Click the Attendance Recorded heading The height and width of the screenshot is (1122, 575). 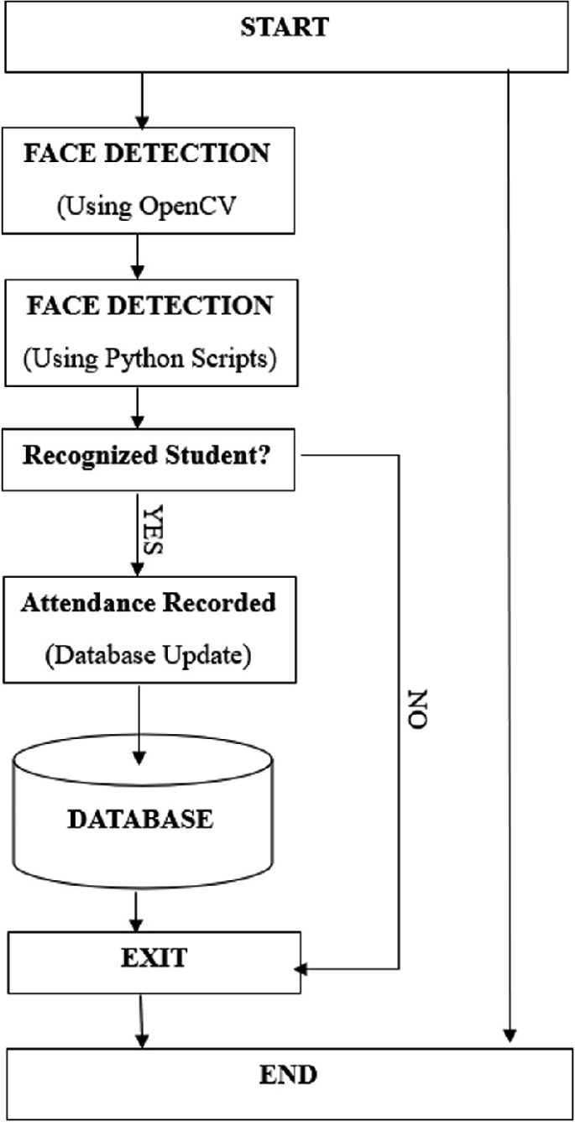(x=149, y=604)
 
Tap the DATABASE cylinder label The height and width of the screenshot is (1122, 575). (x=140, y=818)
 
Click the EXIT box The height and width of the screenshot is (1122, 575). (x=152, y=958)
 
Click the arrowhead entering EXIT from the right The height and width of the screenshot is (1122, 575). (x=304, y=970)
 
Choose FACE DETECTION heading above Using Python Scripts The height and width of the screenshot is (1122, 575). (x=149, y=306)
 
